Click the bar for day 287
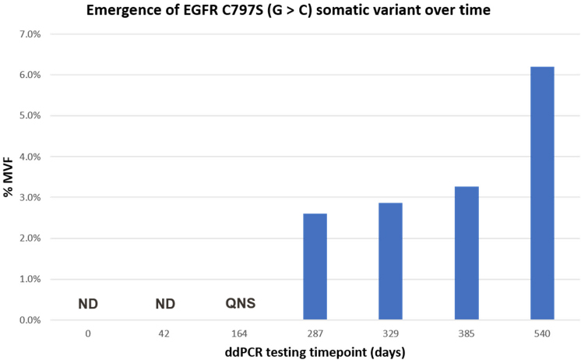click(x=315, y=266)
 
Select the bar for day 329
click(x=390, y=261)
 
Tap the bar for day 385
click(x=467, y=252)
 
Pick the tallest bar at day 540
click(x=543, y=193)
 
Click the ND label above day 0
click(x=88, y=304)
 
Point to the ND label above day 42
click(x=165, y=304)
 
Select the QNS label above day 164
click(x=241, y=303)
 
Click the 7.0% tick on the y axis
click(x=30, y=34)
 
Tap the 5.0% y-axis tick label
click(x=30, y=115)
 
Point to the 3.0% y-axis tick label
click(x=30, y=197)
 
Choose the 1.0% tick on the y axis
click(x=30, y=279)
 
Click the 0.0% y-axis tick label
click(x=30, y=320)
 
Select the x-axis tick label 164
click(x=239, y=334)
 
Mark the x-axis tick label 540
click(x=543, y=334)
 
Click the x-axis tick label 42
click(x=164, y=334)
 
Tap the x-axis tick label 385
click(x=467, y=334)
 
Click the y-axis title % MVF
click(x=8, y=177)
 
